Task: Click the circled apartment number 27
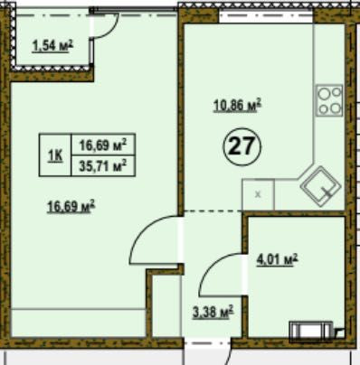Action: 242,146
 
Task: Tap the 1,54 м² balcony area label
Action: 52,46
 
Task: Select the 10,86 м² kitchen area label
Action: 237,106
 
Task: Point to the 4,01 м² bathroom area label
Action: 277,259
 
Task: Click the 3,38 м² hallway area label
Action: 213,312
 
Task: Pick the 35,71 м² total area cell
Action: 102,165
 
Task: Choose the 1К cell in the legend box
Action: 55,155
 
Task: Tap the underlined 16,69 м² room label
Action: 71,207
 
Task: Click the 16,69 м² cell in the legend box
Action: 102,145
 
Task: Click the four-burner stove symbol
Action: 329,100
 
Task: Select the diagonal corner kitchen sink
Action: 320,187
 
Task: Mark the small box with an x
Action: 258,194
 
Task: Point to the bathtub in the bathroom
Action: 311,332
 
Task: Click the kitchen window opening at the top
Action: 266,16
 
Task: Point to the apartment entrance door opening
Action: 208,343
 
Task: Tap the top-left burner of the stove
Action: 324,94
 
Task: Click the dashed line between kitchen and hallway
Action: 213,211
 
